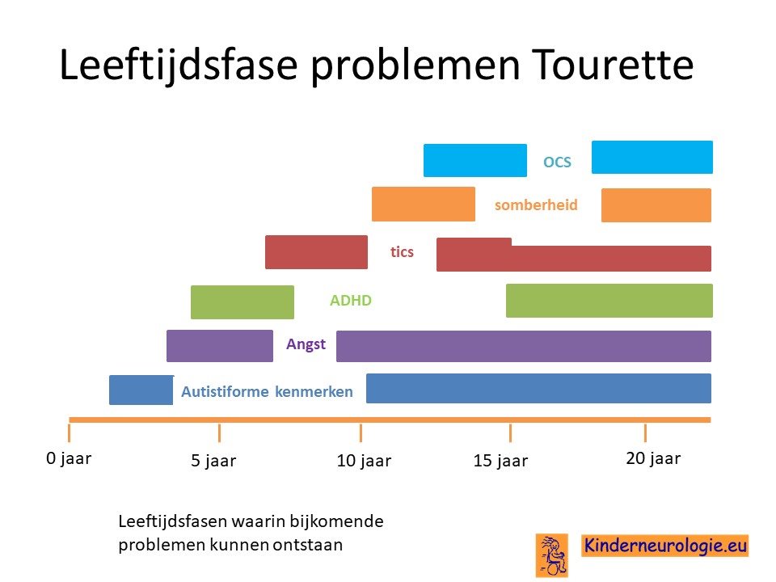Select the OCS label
[557, 162]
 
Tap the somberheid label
[536, 205]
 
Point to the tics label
[402, 252]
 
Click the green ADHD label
[350, 301]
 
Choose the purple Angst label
[306, 344]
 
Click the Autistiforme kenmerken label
[267, 391]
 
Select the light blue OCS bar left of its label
[475, 160]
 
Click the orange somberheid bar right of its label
[656, 205]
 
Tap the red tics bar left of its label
[316, 252]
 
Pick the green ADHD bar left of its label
[242, 302]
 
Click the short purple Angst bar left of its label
[220, 346]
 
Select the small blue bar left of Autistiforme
[141, 390]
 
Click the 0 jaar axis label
[69, 459]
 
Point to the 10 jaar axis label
[364, 461]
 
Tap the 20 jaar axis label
[653, 459]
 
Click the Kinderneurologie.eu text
[664, 546]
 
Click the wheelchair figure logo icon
[552, 555]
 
